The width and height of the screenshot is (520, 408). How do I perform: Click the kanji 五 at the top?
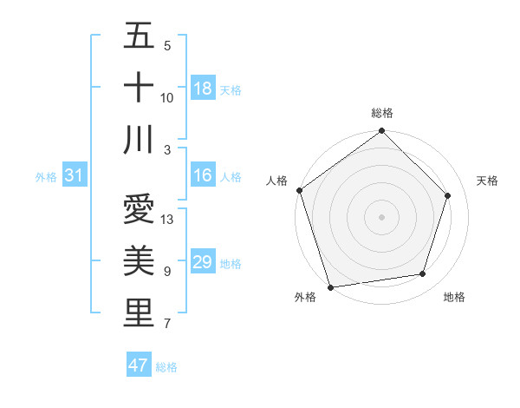pyautogui.click(x=139, y=37)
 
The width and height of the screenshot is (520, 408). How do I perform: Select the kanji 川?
pyautogui.click(x=139, y=140)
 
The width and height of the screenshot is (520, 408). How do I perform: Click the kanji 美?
pyautogui.click(x=139, y=261)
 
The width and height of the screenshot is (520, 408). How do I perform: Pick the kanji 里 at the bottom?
pyautogui.click(x=139, y=313)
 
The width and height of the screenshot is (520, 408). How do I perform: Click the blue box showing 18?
pyautogui.click(x=203, y=89)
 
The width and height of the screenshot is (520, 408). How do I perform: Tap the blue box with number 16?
pyautogui.click(x=203, y=175)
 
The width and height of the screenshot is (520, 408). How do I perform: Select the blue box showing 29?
pyautogui.click(x=203, y=262)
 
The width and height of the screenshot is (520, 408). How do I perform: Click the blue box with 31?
pyautogui.click(x=74, y=176)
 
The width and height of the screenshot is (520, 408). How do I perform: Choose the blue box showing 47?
pyautogui.click(x=139, y=365)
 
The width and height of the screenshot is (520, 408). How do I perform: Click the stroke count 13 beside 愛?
pyautogui.click(x=168, y=220)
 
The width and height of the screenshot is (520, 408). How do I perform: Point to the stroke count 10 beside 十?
pyautogui.click(x=167, y=98)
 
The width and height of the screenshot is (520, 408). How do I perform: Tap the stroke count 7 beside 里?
pyautogui.click(x=167, y=325)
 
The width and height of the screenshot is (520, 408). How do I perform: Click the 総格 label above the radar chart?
pyautogui.click(x=382, y=113)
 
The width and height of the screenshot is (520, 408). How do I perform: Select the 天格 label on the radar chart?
pyautogui.click(x=487, y=181)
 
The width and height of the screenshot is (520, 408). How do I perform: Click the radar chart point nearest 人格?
pyautogui.click(x=300, y=190)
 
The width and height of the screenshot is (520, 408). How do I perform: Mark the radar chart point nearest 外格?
pyautogui.click(x=331, y=286)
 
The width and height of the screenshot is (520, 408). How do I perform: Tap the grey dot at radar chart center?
pyautogui.click(x=382, y=216)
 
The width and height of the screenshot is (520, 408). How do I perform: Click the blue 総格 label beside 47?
pyautogui.click(x=166, y=367)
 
